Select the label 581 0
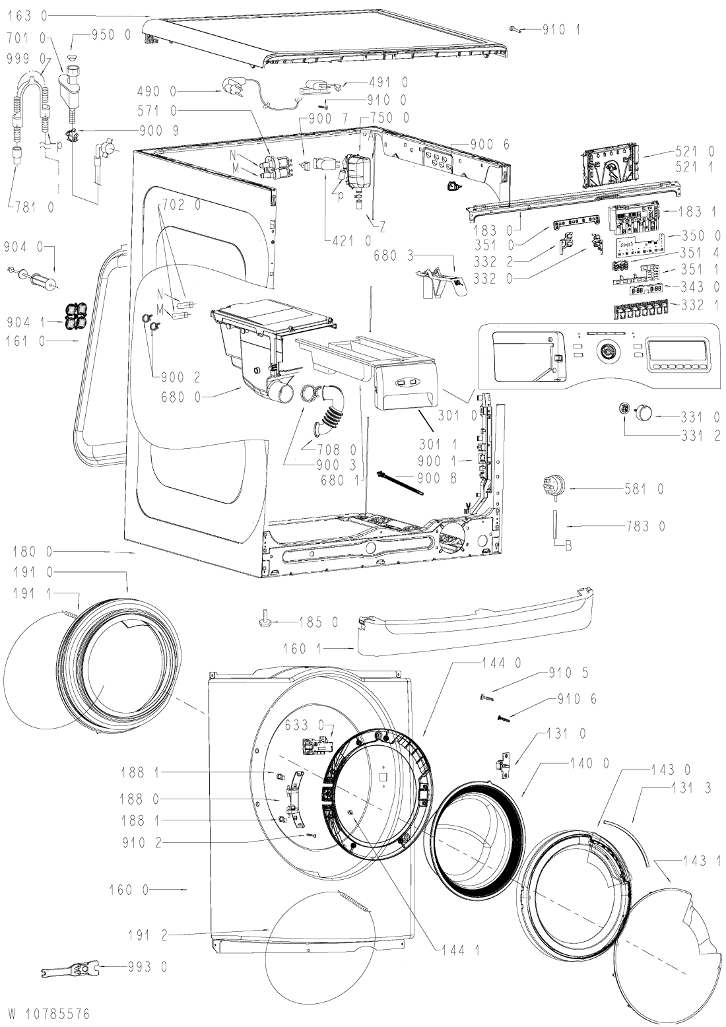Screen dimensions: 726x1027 (644, 490)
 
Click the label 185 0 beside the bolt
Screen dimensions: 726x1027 (319, 622)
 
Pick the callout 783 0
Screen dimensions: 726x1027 (645, 526)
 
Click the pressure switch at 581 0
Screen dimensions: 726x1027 (553, 486)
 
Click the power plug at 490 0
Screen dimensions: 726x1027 (234, 87)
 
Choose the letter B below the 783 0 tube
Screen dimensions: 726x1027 (568, 547)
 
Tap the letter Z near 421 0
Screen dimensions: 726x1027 (381, 226)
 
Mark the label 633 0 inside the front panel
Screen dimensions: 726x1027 (304, 725)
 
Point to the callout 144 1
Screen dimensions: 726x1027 (460, 950)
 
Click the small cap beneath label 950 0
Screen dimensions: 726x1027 (71, 57)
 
